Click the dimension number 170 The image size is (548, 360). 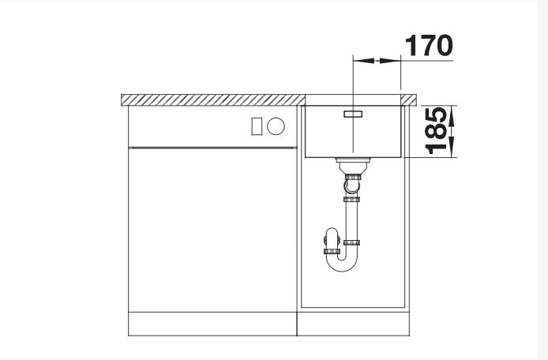pos(429,46)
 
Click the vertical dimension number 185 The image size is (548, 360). pos(436,131)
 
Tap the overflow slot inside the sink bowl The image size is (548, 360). pos(353,114)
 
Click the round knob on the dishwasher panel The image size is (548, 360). pos(276,126)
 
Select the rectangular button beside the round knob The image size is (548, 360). pos(257,126)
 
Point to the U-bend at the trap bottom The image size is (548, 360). pos(342,263)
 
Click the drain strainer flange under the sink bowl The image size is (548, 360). pos(353,160)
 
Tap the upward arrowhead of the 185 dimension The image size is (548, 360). pos(452,116)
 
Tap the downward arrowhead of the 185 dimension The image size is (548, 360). pos(452,147)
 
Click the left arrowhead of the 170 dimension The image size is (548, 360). pos(363,61)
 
